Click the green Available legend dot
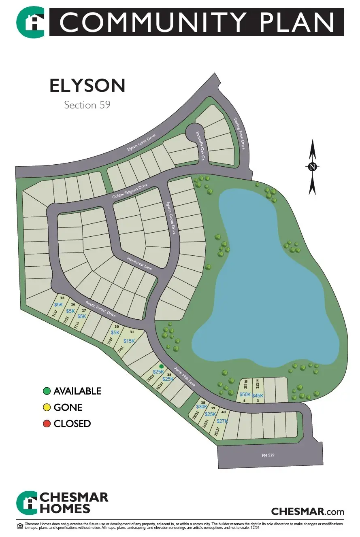pyautogui.click(x=47, y=391)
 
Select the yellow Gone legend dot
pyautogui.click(x=47, y=408)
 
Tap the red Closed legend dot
pyautogui.click(x=47, y=424)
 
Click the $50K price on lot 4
pyautogui.click(x=245, y=395)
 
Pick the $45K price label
pyautogui.click(x=258, y=395)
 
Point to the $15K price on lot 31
pyautogui.click(x=129, y=341)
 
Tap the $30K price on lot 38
pyautogui.click(x=202, y=407)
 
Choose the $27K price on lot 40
pyautogui.click(x=222, y=421)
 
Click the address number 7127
pyautogui.click(x=55, y=315)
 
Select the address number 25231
pyautogui.click(x=206, y=424)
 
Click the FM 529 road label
pyautogui.click(x=268, y=455)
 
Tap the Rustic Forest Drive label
pyautogui.click(x=100, y=309)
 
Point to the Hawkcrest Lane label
pyautogui.click(x=139, y=264)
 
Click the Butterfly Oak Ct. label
pyautogui.click(x=199, y=146)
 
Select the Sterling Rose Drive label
pyautogui.click(x=239, y=134)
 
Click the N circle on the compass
pyautogui.click(x=312, y=167)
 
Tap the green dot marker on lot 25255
pyautogui.click(x=161, y=365)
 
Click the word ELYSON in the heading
pyautogui.click(x=87, y=86)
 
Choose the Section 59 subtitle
pyautogui.click(x=87, y=105)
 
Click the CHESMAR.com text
pyautogui.click(x=307, y=511)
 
